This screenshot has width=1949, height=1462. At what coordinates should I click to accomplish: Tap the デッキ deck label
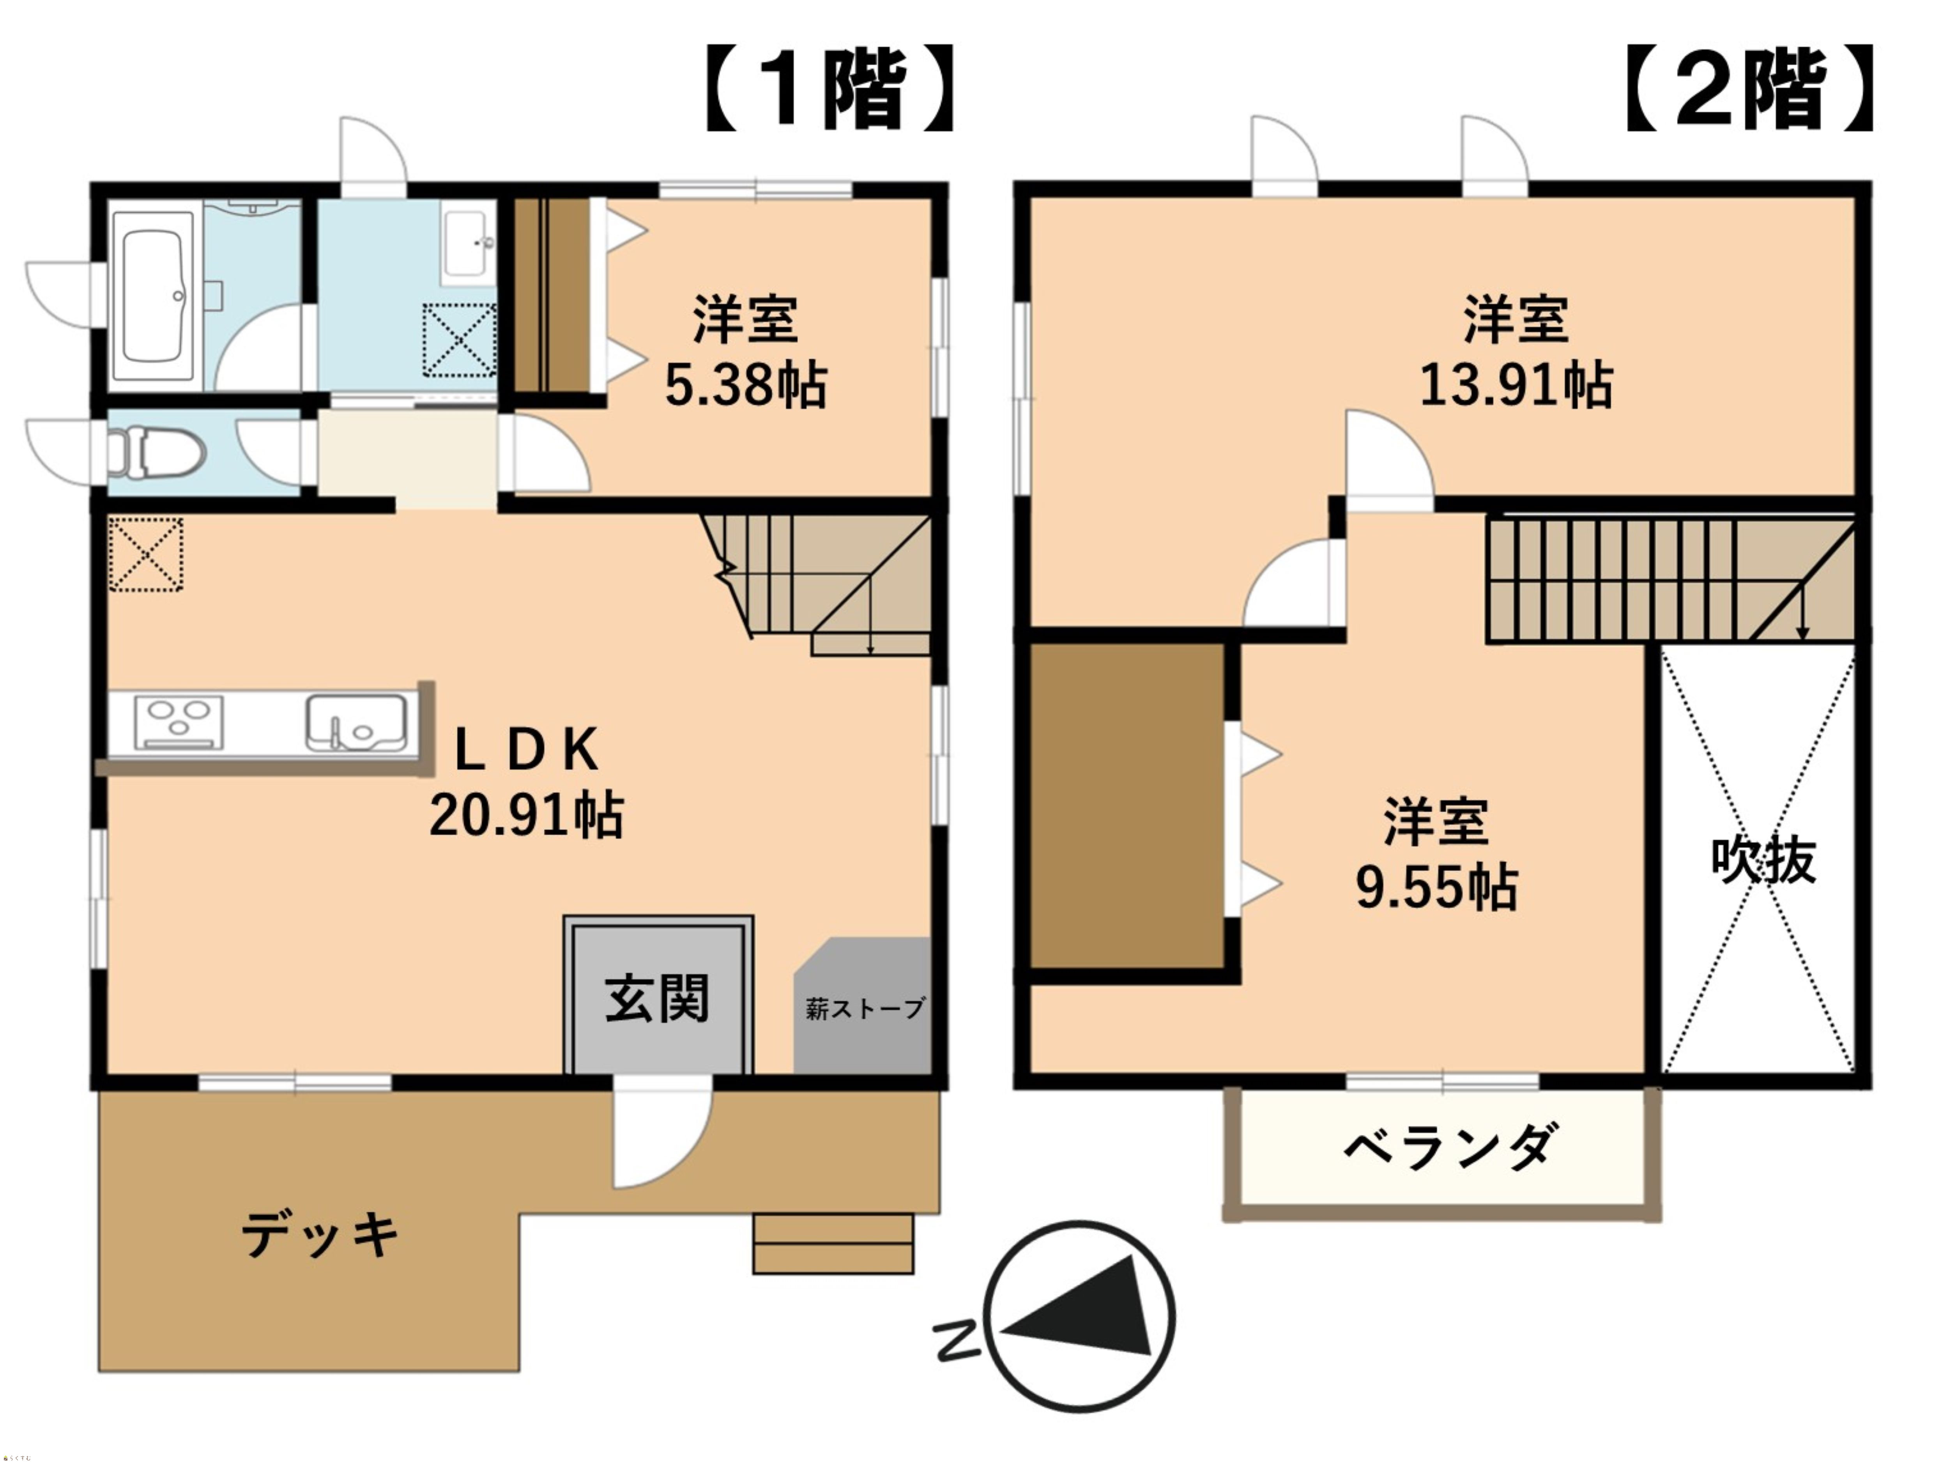[x=319, y=1234]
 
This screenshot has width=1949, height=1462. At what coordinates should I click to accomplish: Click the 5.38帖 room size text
[x=745, y=385]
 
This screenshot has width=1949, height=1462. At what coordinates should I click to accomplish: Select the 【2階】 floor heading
[x=1749, y=89]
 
